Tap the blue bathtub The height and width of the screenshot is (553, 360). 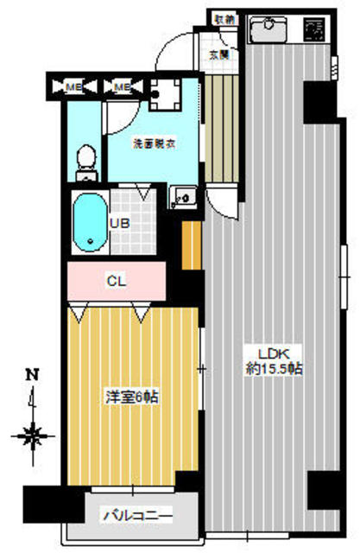pos(89,220)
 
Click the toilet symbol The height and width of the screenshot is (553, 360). pos(85,160)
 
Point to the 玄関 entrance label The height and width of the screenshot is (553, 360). pos(220,54)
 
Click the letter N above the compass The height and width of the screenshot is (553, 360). pos(33,375)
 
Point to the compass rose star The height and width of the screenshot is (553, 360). pos(34,435)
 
